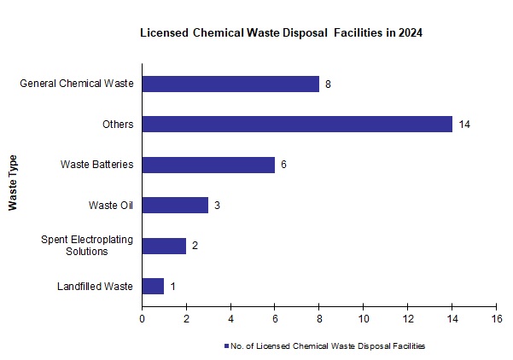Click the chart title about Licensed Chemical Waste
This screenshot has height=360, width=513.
[282, 33]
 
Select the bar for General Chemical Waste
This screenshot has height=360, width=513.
[230, 84]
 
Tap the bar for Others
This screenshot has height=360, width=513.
[297, 125]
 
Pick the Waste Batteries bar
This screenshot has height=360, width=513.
[208, 165]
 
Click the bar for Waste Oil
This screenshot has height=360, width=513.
[175, 206]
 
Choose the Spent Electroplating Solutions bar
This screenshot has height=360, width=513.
[164, 246]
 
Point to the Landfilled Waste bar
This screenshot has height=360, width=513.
[153, 287]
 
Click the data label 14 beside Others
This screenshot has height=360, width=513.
[464, 125]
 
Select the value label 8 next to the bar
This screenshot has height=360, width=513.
[328, 84]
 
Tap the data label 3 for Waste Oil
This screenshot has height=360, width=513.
[217, 206]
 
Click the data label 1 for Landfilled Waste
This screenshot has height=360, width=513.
[172, 287]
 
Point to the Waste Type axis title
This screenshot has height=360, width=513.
[13, 183]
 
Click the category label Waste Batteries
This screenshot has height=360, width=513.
[96, 165]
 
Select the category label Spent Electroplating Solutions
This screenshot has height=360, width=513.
[87, 246]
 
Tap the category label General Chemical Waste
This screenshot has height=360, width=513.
[77, 84]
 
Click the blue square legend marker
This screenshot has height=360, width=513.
[226, 346]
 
